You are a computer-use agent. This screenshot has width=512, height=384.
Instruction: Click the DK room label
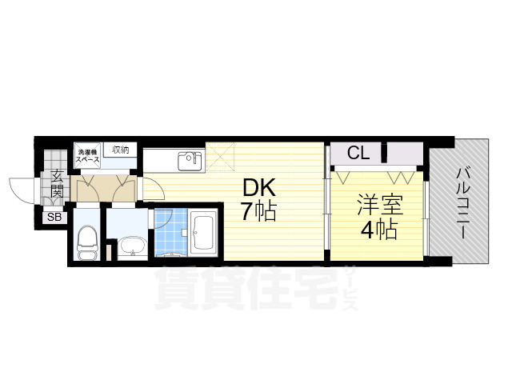coord(259,188)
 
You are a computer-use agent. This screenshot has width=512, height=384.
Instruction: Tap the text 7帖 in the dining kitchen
coord(259,212)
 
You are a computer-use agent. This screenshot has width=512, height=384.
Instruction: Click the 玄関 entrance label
coord(58,186)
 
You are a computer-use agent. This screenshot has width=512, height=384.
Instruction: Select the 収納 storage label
coord(121,150)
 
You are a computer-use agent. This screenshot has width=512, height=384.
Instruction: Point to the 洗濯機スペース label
coord(87,155)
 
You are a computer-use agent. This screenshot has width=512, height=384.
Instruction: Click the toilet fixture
coord(87,238)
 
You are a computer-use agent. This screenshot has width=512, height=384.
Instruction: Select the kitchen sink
coord(190,160)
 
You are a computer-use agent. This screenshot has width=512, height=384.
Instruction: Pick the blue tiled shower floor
coord(167,232)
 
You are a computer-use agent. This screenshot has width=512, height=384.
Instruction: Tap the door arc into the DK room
coord(150,188)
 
